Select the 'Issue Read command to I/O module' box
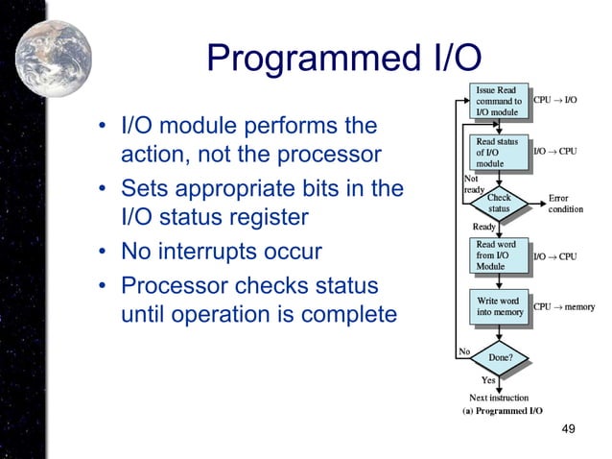click(498, 101)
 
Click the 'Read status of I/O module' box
click(498, 152)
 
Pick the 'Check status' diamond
click(499, 202)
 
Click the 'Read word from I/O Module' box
click(498, 254)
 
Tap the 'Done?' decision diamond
click(500, 358)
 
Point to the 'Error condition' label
click(565, 204)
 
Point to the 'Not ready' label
click(474, 183)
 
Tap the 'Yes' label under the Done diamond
click(488, 380)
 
